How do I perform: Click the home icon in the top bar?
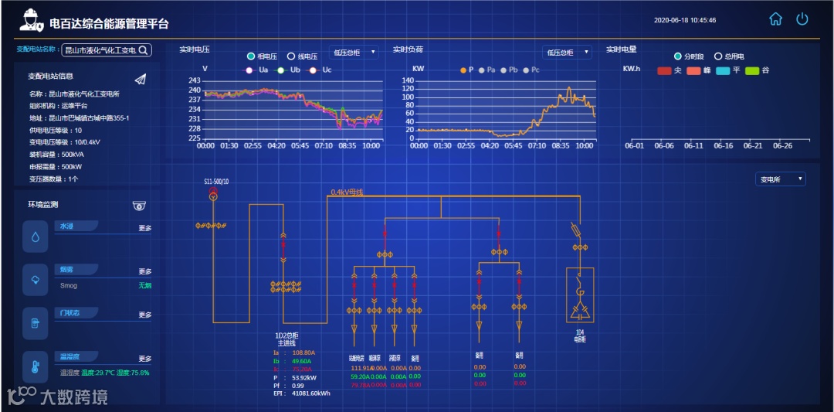pos(776,19)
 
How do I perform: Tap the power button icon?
pos(802,19)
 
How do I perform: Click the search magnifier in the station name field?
pos(144,50)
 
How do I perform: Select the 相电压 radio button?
pos(251,56)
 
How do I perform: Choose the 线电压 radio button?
pos(291,56)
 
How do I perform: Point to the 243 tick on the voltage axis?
pos(195,80)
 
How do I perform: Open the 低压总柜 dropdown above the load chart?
pos(567,53)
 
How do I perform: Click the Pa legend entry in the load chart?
pos(486,70)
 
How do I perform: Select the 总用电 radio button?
pos(717,56)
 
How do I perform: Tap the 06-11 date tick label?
pos(693,145)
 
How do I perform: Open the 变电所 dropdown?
pos(780,179)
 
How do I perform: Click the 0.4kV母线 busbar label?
pos(347,192)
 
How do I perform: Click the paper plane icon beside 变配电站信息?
pos(140,79)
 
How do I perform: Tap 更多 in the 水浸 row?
pos(145,229)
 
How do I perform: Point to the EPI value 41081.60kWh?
pos(310,393)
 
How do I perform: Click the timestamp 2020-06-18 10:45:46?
pos(684,20)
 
